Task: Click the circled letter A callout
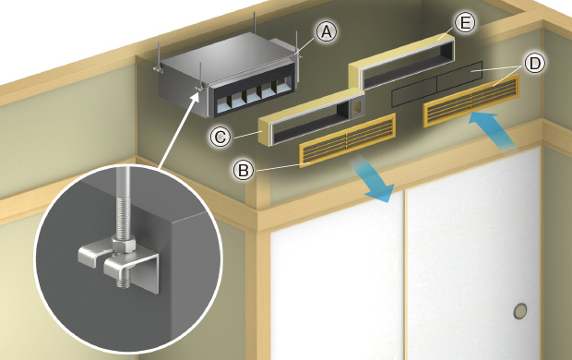(x=326, y=31)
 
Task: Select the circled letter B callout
(x=244, y=171)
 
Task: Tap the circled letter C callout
(x=220, y=138)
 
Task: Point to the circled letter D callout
(x=534, y=63)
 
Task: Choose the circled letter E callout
(x=465, y=23)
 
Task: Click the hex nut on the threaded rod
(x=124, y=245)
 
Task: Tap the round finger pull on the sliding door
(x=520, y=311)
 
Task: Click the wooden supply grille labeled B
(x=347, y=140)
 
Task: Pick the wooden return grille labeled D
(x=471, y=101)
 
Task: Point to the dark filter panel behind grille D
(x=437, y=84)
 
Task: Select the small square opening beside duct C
(x=357, y=107)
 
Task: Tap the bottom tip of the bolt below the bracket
(x=124, y=285)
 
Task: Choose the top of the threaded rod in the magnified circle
(x=123, y=168)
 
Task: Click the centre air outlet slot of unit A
(x=253, y=97)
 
